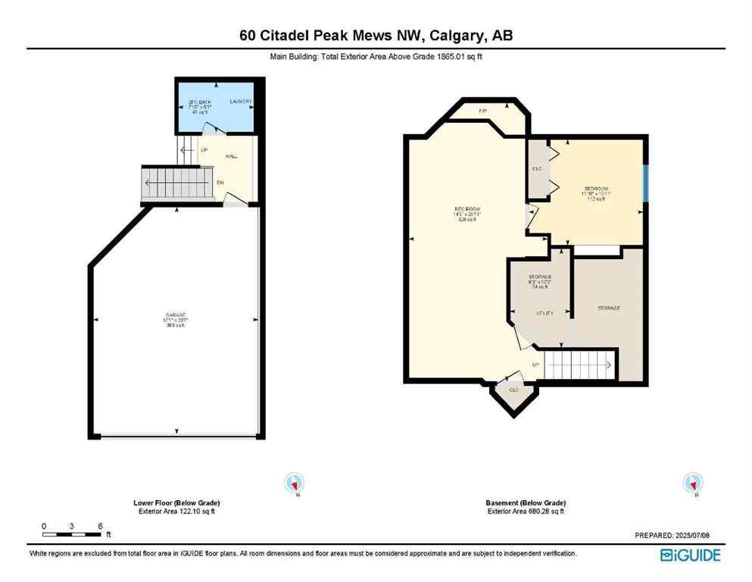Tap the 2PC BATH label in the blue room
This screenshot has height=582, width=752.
click(x=200, y=102)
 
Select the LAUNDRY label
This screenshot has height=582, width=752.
click(x=242, y=102)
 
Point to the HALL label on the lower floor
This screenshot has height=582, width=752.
click(x=232, y=156)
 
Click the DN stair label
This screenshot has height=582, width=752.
click(x=220, y=183)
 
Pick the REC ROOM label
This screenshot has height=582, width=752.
click(x=467, y=209)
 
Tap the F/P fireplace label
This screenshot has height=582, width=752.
click(x=482, y=111)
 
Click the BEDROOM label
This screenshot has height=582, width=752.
click(x=596, y=188)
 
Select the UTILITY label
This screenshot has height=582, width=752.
click(x=545, y=312)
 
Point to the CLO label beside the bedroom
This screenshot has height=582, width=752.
click(x=538, y=168)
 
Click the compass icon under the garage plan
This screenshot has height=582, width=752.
click(x=294, y=483)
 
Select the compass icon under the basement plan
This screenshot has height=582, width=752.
click(x=692, y=483)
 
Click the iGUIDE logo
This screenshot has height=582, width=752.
click(x=690, y=556)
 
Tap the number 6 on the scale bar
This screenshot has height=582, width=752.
click(x=99, y=526)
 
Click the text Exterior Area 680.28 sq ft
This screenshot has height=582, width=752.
click(x=526, y=512)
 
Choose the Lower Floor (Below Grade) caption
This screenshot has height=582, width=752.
click(x=177, y=503)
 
